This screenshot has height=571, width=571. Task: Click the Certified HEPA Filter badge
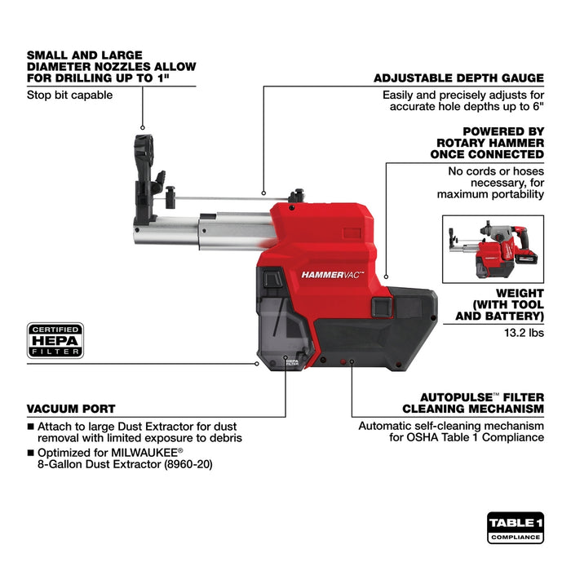(x=55, y=341)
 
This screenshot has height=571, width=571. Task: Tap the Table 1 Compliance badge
(x=516, y=528)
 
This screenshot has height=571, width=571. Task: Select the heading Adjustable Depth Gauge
(x=458, y=78)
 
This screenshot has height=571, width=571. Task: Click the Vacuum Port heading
(x=71, y=408)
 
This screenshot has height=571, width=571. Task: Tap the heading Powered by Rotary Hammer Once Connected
(x=490, y=142)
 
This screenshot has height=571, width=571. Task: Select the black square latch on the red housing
(x=380, y=308)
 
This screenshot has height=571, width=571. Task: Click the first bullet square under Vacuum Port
(x=31, y=425)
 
